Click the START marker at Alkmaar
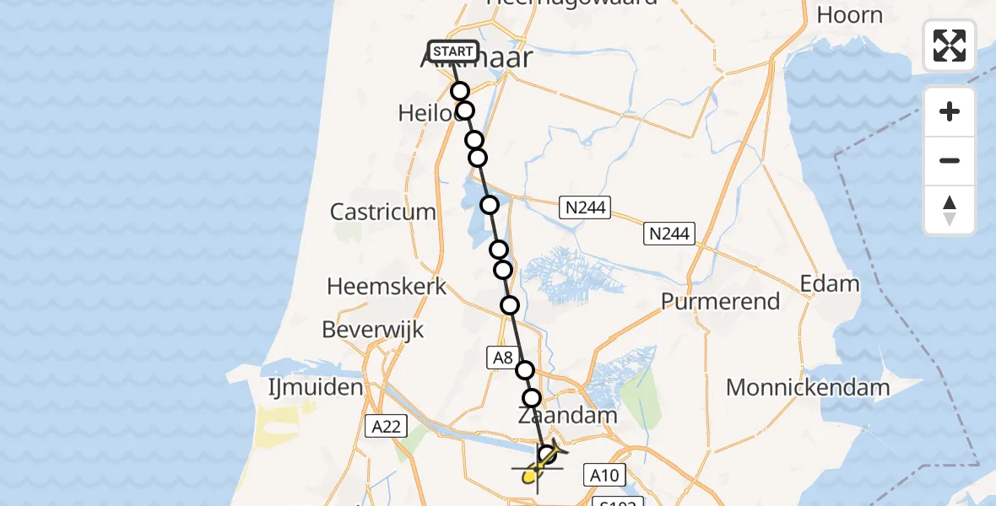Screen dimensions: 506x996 (453, 52)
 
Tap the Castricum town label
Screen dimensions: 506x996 (383, 212)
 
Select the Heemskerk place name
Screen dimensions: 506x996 (387, 286)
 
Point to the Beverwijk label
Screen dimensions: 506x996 (373, 329)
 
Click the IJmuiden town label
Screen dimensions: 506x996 (316, 388)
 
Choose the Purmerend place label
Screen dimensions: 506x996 (720, 301)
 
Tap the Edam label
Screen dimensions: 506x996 (830, 283)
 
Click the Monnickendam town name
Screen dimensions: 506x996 (808, 387)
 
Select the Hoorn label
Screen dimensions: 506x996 (849, 15)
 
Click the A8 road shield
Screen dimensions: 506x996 (502, 358)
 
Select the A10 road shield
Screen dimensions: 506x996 (603, 476)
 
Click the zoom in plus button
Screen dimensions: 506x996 (950, 111)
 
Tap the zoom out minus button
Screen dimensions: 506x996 (950, 160)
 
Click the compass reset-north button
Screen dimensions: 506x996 (950, 210)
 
